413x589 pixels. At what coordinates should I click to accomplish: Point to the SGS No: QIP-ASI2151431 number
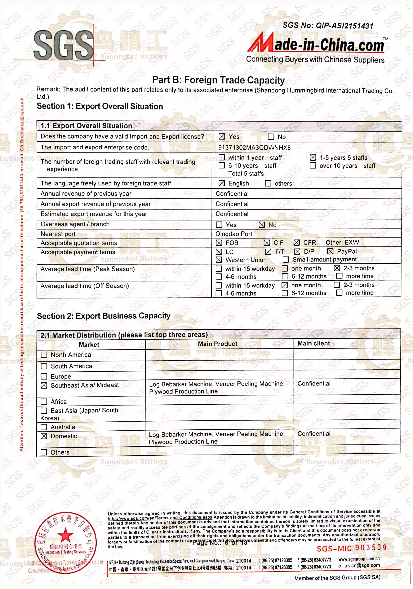(x=328, y=25)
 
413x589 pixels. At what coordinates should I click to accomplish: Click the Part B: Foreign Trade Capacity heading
(x=218, y=80)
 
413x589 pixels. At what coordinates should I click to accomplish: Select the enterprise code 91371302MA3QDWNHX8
(x=254, y=147)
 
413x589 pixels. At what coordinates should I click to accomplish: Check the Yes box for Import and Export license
(x=222, y=137)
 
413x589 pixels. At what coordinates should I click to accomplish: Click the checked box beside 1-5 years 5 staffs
(x=312, y=158)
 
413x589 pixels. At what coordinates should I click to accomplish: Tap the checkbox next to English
(x=222, y=183)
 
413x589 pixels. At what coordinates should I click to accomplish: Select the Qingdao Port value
(x=234, y=234)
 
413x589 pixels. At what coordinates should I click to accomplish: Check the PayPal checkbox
(x=330, y=251)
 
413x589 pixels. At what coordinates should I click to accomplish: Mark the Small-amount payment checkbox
(x=286, y=260)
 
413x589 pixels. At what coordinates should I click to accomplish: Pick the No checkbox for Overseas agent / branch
(x=262, y=225)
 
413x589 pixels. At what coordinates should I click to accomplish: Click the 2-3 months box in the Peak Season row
(x=337, y=268)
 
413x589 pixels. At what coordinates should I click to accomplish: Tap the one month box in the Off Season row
(x=284, y=285)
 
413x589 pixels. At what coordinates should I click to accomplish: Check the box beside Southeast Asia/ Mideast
(x=44, y=385)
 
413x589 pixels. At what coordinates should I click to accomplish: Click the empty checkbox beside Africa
(x=44, y=401)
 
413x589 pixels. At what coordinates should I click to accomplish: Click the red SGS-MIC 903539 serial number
(x=351, y=548)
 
